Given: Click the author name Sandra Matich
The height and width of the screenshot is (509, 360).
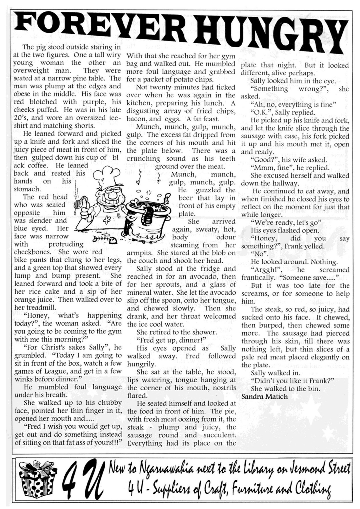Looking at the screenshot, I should coord(264,397).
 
